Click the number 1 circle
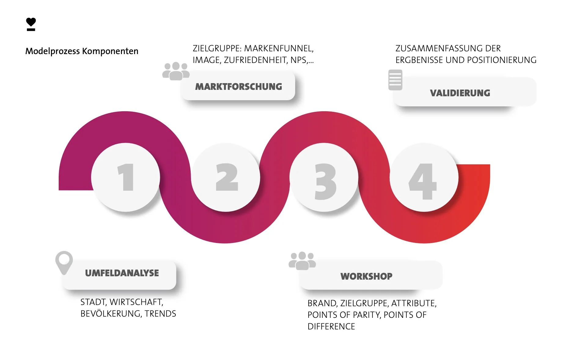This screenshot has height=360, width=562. (x=126, y=177)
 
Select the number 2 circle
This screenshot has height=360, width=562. (x=226, y=177)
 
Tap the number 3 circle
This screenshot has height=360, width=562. (x=324, y=177)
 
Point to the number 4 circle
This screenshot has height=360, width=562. (x=424, y=177)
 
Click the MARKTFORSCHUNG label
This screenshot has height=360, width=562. (x=239, y=86)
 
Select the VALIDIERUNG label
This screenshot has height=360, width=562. (x=460, y=93)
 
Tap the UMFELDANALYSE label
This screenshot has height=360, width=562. (x=122, y=273)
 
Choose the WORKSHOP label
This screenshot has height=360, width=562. (x=366, y=276)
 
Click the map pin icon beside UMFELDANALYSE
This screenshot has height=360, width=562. (x=64, y=262)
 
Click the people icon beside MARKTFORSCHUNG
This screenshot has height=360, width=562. (x=176, y=71)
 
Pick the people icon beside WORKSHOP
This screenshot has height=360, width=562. (x=302, y=261)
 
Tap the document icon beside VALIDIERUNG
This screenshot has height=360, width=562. (x=395, y=80)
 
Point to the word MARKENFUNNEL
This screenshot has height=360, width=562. (x=279, y=49)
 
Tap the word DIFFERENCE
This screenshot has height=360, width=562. (x=331, y=326)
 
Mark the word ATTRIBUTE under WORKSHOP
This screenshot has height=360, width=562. (x=414, y=303)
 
